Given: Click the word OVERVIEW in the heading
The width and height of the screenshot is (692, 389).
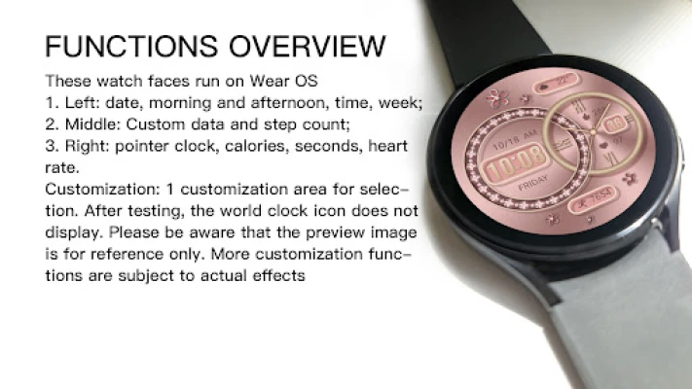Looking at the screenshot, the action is [308, 47].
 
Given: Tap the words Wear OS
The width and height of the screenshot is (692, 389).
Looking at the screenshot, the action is [283, 81].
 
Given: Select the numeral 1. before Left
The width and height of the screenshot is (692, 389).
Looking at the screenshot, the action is [52, 103].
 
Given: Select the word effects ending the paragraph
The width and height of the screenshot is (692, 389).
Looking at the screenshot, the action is [279, 275].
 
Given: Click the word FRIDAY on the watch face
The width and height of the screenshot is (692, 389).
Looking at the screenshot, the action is [533, 183].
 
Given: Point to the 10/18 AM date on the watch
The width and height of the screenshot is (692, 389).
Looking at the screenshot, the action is [514, 139].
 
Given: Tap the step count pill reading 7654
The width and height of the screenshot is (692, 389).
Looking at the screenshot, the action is [593, 198].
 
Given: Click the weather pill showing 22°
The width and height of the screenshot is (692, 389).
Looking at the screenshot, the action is [556, 83].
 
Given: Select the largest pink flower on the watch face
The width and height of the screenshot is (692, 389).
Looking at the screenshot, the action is [497, 98].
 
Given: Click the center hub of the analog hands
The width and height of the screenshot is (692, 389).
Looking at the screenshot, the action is [593, 132].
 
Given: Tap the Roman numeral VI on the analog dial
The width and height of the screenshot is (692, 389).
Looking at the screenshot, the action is [611, 158].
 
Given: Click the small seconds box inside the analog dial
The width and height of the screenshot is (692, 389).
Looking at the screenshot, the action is [615, 124].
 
